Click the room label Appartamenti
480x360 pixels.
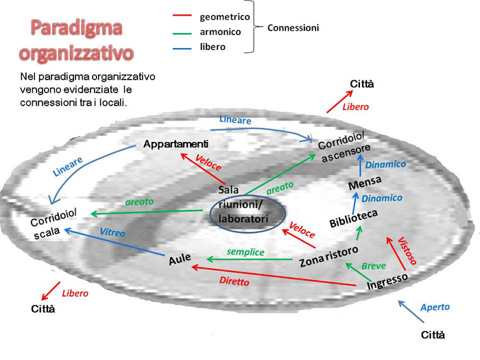(x=176, y=144)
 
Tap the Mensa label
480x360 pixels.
(x=361, y=184)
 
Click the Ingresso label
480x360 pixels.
(x=387, y=281)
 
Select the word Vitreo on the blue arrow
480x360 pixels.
(x=113, y=233)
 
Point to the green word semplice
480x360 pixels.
(x=247, y=252)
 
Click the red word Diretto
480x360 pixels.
(x=234, y=281)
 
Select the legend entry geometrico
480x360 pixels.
(x=224, y=16)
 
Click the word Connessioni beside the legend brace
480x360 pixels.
(x=293, y=28)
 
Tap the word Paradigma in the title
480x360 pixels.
(x=76, y=29)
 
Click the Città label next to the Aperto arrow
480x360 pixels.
(x=433, y=335)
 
